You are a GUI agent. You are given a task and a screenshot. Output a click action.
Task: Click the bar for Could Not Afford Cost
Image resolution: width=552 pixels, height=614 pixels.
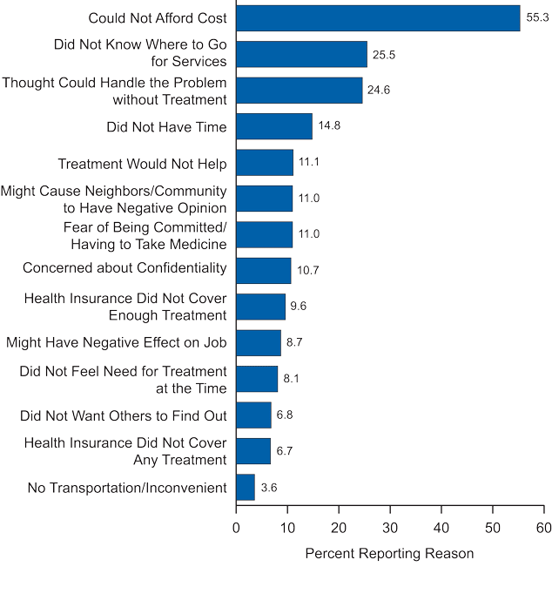(378, 18)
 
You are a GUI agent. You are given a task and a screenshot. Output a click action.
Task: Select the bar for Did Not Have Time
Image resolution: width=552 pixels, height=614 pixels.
(274, 126)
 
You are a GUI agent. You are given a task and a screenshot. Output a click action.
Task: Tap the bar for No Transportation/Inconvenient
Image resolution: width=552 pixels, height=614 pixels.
(246, 487)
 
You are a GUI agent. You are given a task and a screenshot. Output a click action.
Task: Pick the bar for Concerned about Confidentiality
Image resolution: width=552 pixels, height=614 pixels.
(264, 270)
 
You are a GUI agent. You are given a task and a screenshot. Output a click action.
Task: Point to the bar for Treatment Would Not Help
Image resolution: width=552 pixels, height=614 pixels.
(265, 163)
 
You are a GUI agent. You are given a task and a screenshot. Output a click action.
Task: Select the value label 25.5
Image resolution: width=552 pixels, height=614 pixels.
(384, 54)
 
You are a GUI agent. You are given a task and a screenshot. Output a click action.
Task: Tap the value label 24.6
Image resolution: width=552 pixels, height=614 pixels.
(379, 91)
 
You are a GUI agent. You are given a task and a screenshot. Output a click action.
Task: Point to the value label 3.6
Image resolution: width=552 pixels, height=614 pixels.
(269, 488)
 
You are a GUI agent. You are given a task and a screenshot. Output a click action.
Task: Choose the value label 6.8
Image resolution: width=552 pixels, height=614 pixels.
(286, 415)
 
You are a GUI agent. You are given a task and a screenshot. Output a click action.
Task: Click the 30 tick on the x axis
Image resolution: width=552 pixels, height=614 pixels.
(390, 528)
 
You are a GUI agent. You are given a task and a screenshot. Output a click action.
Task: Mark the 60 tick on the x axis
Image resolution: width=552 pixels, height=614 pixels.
(544, 528)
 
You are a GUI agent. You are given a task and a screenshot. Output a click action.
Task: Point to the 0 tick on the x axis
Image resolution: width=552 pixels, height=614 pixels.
(236, 528)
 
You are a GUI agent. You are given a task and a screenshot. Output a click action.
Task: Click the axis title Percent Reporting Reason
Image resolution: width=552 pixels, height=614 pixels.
(389, 554)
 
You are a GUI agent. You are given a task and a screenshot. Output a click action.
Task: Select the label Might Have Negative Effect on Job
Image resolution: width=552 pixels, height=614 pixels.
(117, 343)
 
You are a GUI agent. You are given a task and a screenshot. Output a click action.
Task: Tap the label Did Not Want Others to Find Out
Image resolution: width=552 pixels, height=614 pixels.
(124, 415)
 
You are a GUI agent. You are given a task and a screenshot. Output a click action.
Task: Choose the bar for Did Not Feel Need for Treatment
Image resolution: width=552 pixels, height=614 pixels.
(257, 379)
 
